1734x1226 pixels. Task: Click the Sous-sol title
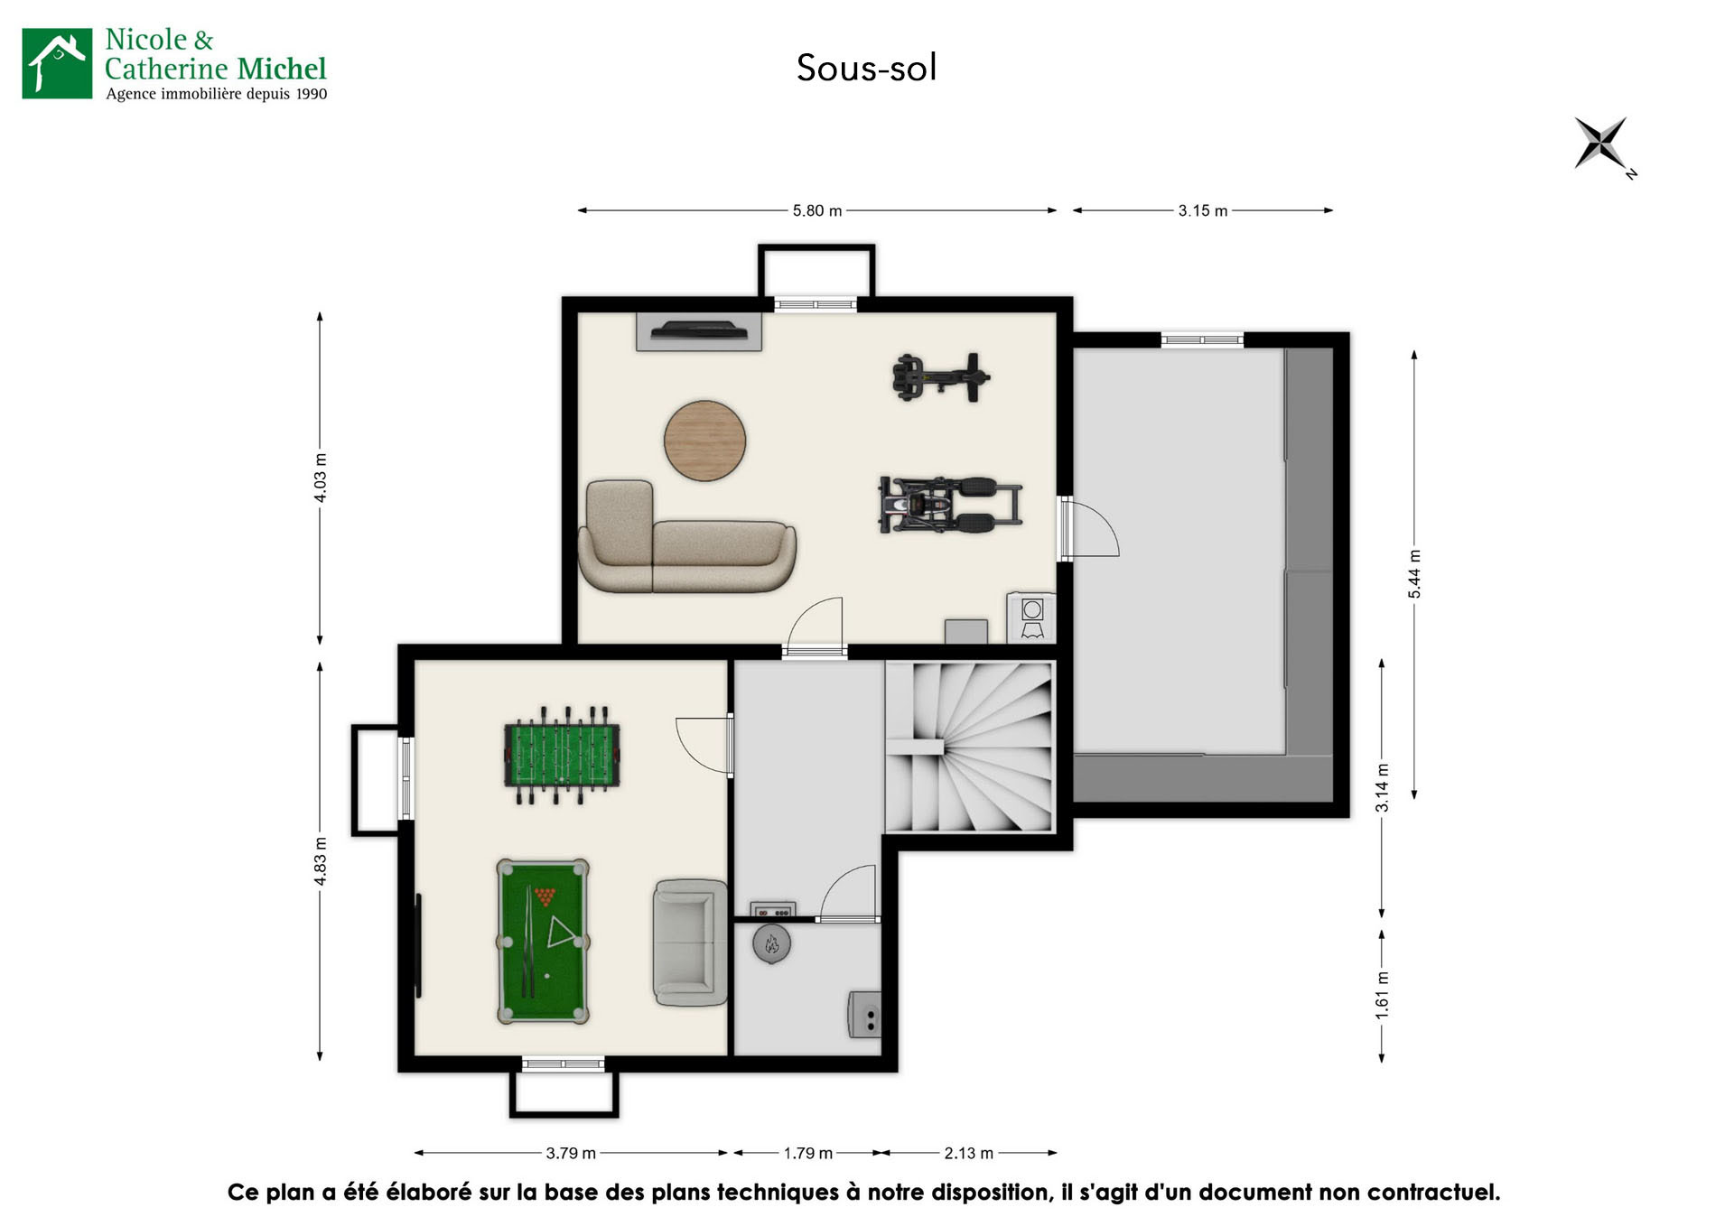[866, 68]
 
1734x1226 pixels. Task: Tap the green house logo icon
[57, 63]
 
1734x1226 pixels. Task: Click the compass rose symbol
[1601, 144]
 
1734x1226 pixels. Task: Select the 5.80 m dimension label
[816, 210]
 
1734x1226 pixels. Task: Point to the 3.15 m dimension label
[1202, 210]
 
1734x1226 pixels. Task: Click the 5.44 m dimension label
[1414, 573]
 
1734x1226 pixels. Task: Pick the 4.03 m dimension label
[320, 478]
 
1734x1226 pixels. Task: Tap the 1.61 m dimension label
[1382, 996]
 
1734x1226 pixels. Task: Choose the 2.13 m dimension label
[968, 1153]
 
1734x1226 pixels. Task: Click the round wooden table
[704, 441]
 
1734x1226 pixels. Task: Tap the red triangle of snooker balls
[545, 896]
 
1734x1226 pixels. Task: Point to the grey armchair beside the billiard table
[690, 943]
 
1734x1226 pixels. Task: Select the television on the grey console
[699, 330]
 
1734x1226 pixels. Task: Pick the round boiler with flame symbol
[771, 944]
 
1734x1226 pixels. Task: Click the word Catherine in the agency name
[167, 69]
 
